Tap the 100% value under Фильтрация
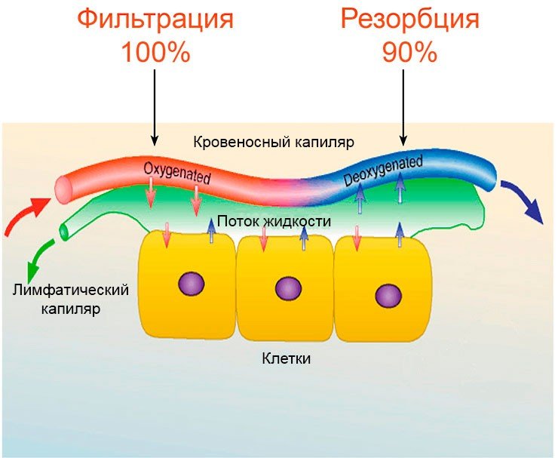[155, 52]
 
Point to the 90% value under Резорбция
[409, 52]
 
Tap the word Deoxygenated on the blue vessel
[382, 171]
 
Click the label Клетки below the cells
[287, 358]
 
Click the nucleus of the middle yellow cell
[288, 288]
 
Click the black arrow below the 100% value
[154, 106]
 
